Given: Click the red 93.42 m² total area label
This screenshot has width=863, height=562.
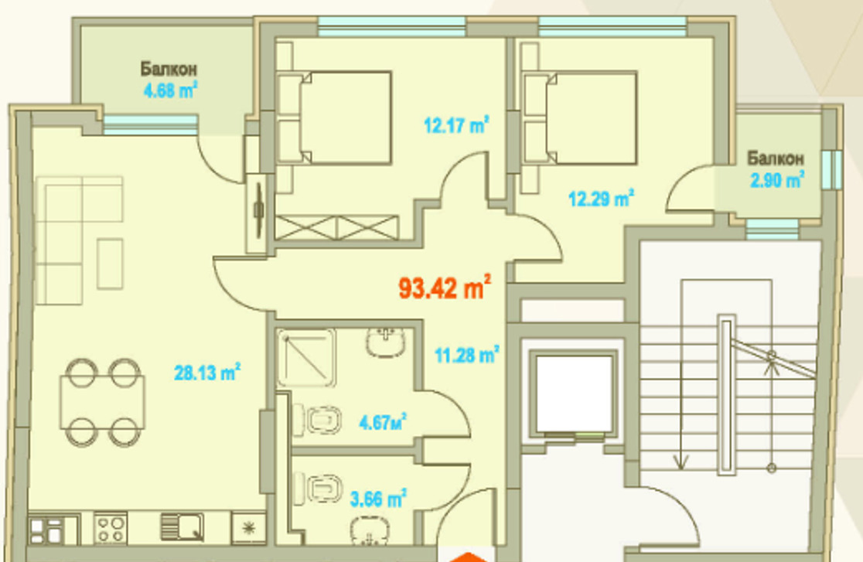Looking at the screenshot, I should [445, 288].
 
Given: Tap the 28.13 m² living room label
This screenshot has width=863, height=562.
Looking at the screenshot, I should [206, 373].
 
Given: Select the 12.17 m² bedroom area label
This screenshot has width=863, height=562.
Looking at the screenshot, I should [456, 124].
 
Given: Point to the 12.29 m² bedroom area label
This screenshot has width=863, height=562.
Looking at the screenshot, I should [602, 199].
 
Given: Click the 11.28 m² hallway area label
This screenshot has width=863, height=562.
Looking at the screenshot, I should [466, 356].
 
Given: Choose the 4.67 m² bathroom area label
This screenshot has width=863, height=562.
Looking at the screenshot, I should [383, 423].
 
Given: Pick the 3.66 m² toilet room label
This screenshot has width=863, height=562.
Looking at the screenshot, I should [378, 499].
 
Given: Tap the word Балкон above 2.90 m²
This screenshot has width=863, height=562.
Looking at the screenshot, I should [775, 158].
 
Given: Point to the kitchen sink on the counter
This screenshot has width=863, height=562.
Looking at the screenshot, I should [182, 528].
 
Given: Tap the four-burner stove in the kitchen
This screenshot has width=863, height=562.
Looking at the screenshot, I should [111, 529].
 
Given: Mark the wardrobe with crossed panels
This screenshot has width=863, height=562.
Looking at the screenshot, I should [337, 227].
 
